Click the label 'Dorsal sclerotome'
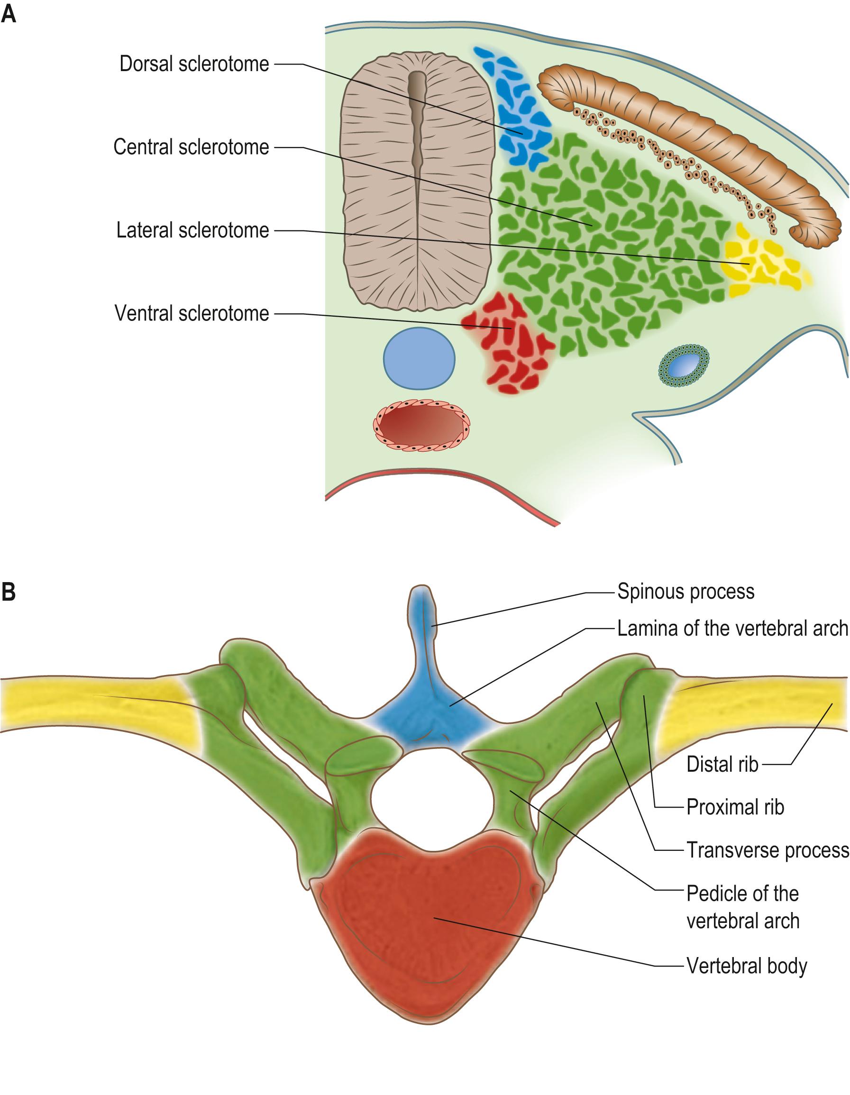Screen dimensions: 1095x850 coord(194,64)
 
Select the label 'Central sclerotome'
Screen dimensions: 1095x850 coord(191,147)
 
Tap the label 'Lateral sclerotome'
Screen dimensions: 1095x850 coord(192,231)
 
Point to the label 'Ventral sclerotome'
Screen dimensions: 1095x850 coord(192,313)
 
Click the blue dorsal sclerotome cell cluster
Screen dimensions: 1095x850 coord(517,110)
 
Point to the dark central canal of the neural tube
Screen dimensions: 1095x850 coord(417,125)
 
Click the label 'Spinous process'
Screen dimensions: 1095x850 coord(685,592)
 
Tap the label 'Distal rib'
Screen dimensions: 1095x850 coord(722,764)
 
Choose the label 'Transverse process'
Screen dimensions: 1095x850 coord(767,850)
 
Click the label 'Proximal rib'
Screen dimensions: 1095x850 coord(735,807)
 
